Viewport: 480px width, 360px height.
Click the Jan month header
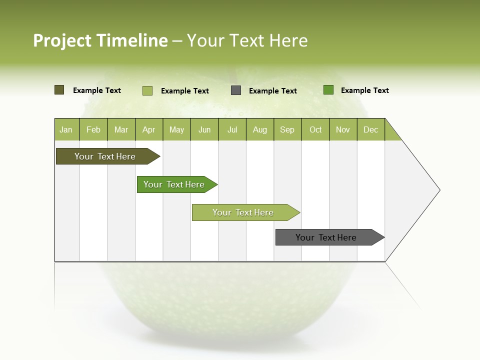(x=66, y=129)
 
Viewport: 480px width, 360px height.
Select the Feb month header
(x=93, y=129)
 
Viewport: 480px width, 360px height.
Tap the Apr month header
(x=148, y=129)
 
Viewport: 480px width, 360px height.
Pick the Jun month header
(x=204, y=129)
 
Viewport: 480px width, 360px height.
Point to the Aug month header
(x=259, y=129)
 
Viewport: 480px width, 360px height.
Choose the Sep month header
(x=287, y=129)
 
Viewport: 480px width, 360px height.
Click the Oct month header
(x=315, y=129)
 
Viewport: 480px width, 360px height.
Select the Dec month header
(x=370, y=129)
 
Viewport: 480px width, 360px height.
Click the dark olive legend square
(x=59, y=90)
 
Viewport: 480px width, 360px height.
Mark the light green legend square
(x=147, y=90)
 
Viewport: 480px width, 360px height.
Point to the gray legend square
(x=236, y=90)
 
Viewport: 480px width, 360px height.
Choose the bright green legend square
(x=328, y=90)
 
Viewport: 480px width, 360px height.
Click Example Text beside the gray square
(x=273, y=91)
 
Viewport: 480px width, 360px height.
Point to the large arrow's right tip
(x=439, y=189)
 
